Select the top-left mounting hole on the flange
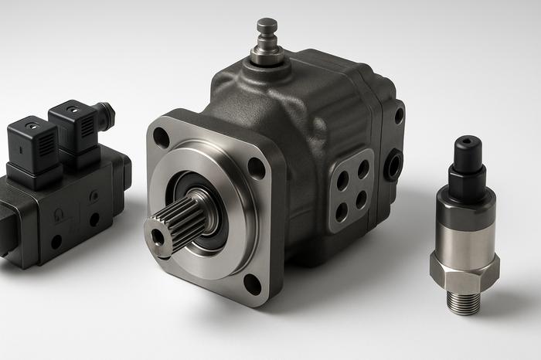161,137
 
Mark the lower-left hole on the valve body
56,241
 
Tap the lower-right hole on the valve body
94,219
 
